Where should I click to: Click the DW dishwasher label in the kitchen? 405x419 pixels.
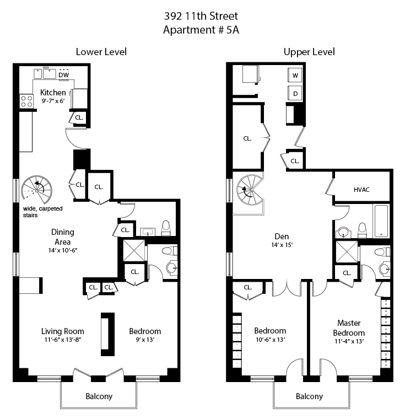click(64, 75)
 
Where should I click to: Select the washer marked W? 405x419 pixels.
click(295, 76)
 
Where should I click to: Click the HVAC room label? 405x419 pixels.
click(361, 190)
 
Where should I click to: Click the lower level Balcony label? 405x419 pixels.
click(99, 396)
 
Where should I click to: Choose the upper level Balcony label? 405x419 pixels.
click(309, 396)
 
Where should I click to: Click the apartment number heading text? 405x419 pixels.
click(204, 30)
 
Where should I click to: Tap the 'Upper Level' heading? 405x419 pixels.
click(309, 52)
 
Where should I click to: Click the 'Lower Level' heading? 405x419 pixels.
click(101, 52)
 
